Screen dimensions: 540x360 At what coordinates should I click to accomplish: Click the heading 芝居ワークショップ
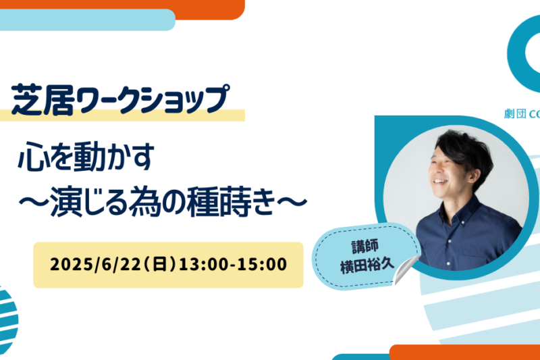pos(120,99)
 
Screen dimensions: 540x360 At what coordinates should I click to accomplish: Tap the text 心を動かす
pos(86,157)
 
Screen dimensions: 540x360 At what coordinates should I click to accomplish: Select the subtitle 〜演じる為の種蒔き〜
pos(163,202)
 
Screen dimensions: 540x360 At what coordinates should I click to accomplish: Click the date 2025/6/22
pos(95,265)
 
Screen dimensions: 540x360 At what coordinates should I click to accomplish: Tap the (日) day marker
pos(160,265)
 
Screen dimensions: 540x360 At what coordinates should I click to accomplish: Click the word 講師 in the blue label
pos(365,247)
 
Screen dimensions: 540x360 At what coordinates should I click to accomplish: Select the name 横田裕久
pos(367,266)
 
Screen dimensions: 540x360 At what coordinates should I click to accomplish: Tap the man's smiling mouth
pos(441,180)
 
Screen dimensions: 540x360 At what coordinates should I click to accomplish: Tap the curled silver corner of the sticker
pos(406,270)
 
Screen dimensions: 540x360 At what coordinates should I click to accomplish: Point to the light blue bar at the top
pos(88,20)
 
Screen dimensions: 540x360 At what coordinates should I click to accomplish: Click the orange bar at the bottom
pos(464,352)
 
